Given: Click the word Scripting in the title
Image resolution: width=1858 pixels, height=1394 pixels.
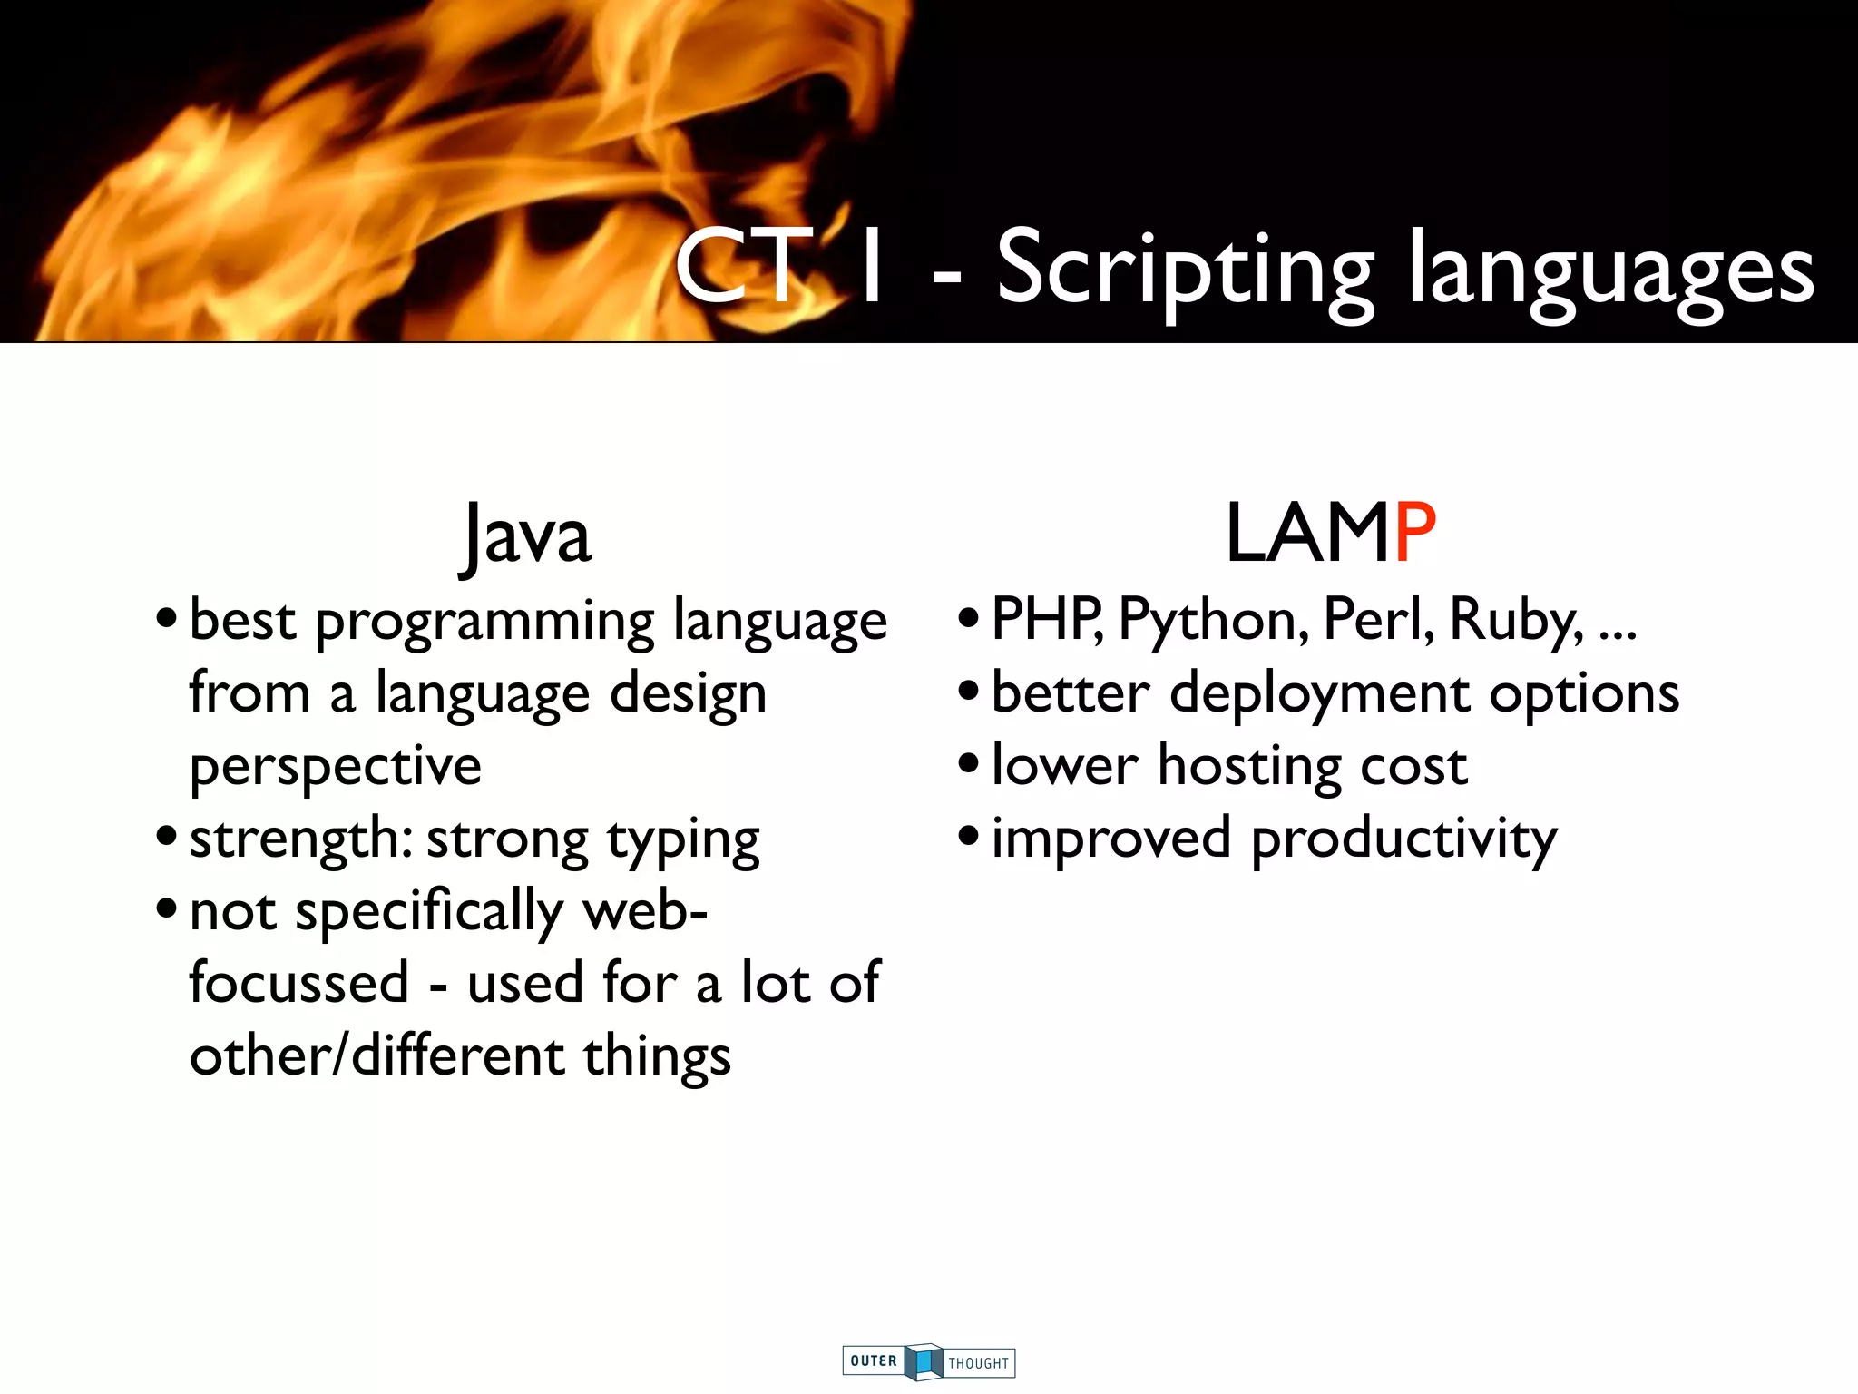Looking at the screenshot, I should tap(1185, 270).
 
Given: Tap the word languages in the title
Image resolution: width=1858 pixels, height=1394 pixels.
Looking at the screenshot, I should tap(1611, 270).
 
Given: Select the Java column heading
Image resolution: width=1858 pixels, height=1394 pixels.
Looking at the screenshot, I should tap(525, 535).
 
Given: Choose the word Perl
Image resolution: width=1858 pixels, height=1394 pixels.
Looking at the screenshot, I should tap(1378, 620).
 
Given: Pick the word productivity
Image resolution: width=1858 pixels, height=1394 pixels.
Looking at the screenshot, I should tap(1403, 839).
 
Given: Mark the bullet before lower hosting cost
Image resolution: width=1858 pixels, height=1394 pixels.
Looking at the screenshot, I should tap(969, 764).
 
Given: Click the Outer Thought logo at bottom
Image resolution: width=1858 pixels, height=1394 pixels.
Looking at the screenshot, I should tap(928, 1361).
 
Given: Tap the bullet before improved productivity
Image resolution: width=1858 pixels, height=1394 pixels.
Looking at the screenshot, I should tap(969, 837).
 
